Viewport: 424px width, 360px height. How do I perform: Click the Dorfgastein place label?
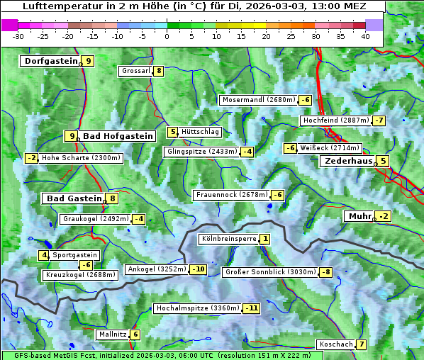point(50,61)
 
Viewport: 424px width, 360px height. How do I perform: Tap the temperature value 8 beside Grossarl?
point(160,71)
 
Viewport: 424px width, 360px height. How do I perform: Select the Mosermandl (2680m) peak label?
point(258,100)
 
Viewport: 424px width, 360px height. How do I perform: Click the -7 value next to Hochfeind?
point(379,120)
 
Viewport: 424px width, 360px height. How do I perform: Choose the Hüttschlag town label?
point(201,132)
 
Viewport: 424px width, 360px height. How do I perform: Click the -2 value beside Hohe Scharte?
point(32,158)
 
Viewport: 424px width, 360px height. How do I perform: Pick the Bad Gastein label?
point(74,198)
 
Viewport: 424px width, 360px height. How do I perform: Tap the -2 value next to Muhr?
point(384,216)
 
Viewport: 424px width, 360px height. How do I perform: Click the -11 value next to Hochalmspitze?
point(251,308)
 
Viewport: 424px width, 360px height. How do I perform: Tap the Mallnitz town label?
point(113,334)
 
